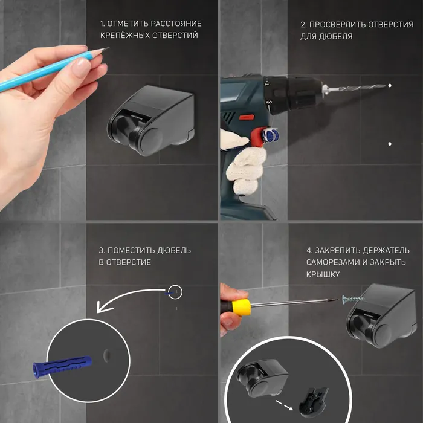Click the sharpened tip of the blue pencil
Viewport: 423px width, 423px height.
109,48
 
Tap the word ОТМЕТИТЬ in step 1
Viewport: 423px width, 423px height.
128,24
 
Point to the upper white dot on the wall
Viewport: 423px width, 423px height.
390,86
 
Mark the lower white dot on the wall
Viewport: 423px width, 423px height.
390,144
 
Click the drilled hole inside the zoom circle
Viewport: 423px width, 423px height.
107,355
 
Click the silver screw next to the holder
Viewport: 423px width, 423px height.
353,299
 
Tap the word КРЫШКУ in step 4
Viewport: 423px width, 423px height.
320,274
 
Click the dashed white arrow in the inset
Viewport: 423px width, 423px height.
285,405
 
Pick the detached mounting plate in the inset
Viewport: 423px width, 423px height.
313,400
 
